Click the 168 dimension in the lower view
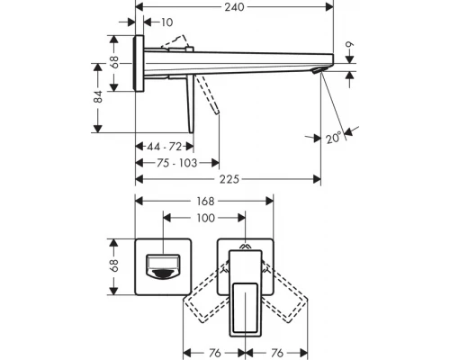207,202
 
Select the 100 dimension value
205,219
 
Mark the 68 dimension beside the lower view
113,266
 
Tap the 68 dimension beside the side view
113,63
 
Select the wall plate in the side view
140,64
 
